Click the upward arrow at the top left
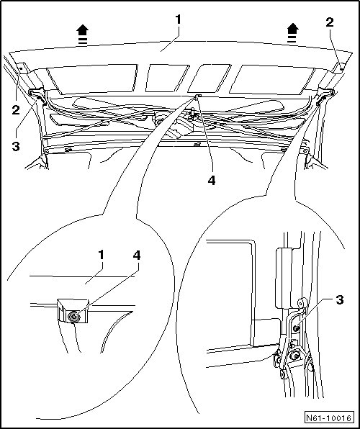[82, 35]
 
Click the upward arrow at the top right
[292, 33]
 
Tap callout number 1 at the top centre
[179, 19]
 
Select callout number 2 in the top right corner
[330, 22]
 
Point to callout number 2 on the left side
[16, 110]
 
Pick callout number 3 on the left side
[16, 146]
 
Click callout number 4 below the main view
[212, 180]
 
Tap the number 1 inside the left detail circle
[102, 255]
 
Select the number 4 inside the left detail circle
[137, 256]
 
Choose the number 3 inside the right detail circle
[339, 300]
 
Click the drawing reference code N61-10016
[328, 418]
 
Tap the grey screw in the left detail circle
[74, 317]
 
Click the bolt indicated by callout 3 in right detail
[295, 329]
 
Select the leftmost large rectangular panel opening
[92, 78]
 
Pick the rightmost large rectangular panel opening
[272, 79]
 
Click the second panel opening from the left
[167, 78]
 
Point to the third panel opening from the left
[210, 78]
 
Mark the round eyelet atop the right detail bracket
[302, 304]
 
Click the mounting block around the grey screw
[73, 310]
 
